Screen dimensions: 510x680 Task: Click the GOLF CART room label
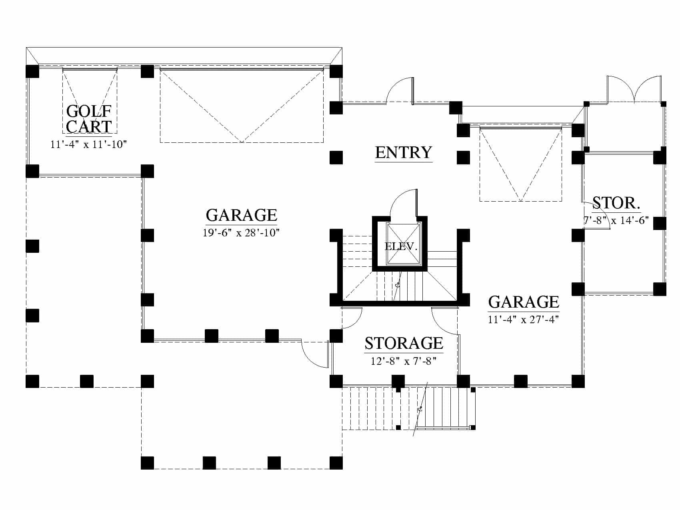(x=88, y=119)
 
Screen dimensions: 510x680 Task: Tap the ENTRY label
(x=404, y=152)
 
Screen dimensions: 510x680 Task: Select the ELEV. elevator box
(x=403, y=244)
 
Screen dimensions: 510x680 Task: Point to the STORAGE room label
(x=404, y=343)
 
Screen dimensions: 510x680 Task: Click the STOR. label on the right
(x=616, y=203)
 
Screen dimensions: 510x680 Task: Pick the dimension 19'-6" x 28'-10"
(x=241, y=233)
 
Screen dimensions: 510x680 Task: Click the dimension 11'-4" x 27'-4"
(x=523, y=320)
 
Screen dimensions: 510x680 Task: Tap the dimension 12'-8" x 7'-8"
(x=403, y=361)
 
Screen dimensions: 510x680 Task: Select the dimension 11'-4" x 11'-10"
(x=88, y=144)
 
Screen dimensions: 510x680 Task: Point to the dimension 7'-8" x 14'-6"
(x=616, y=220)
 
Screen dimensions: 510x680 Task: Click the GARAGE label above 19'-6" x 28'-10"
(x=241, y=215)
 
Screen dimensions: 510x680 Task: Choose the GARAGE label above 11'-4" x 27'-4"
(x=524, y=302)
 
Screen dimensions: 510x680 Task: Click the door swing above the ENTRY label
(x=400, y=90)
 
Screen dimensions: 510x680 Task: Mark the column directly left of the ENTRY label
(x=336, y=158)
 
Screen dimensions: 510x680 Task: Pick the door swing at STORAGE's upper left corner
(x=352, y=318)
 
